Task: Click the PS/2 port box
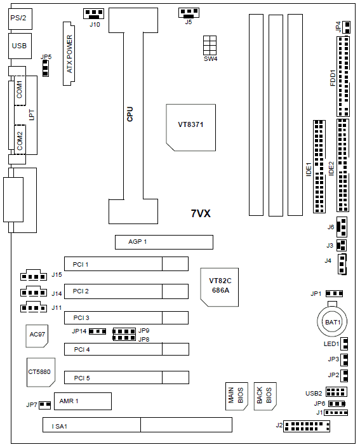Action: [20, 18]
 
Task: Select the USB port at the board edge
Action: [20, 46]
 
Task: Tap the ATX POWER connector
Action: [69, 53]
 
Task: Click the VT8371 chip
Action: [190, 128]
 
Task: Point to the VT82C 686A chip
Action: [219, 287]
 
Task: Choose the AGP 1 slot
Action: [164, 242]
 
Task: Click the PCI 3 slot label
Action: [81, 317]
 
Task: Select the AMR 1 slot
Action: [83, 401]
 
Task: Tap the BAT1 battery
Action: [332, 321]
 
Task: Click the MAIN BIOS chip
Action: [237, 396]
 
